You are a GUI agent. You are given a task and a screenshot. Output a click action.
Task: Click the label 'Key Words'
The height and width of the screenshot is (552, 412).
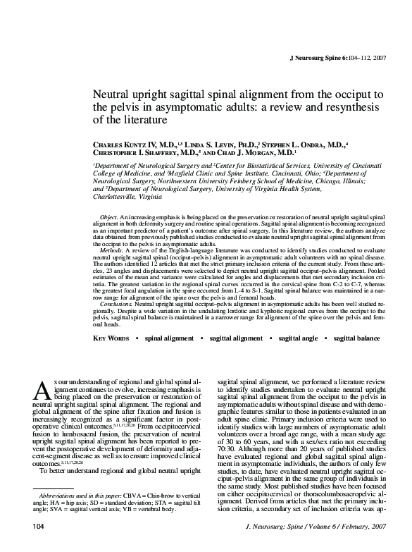(x=111, y=339)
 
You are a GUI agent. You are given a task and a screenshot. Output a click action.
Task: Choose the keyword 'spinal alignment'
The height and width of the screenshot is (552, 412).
(x=168, y=339)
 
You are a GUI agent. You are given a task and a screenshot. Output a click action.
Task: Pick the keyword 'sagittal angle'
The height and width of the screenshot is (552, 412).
(x=299, y=339)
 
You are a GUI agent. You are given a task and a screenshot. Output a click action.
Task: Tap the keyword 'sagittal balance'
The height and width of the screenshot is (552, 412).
(x=356, y=339)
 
